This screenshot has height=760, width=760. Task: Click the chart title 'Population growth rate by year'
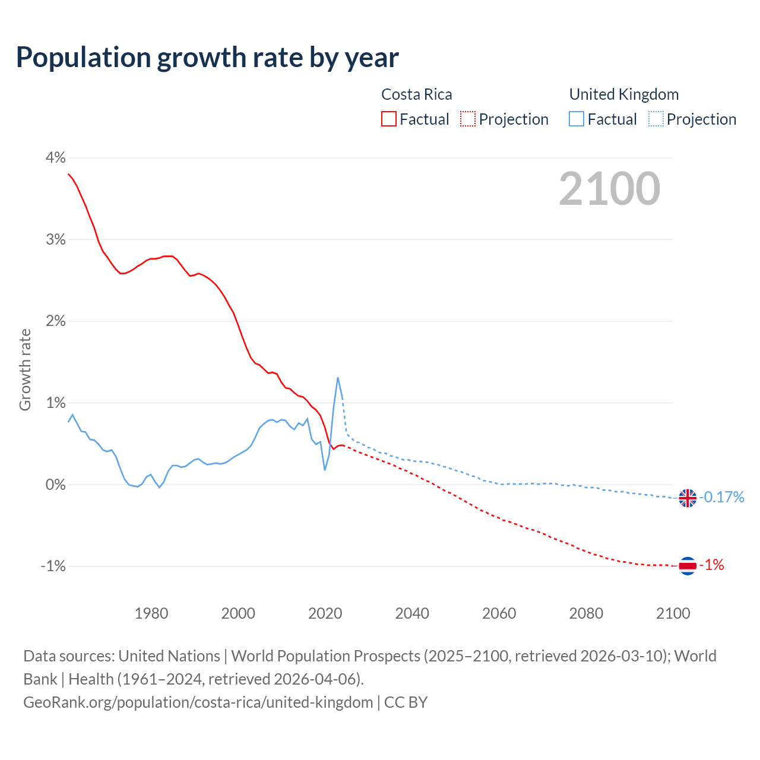tap(207, 58)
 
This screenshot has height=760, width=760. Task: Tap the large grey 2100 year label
tap(609, 188)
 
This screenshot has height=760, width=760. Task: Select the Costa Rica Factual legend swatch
tap(388, 119)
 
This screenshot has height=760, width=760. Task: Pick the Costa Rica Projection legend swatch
tap(468, 119)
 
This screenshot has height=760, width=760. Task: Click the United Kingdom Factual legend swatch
tap(576, 119)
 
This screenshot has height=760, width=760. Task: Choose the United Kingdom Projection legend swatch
tap(656, 119)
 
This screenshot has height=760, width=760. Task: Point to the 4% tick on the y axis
tap(55, 157)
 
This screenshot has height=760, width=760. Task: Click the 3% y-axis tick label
tap(55, 239)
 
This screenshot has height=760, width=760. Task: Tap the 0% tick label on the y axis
tap(55, 484)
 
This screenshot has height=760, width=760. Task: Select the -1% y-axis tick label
tap(53, 566)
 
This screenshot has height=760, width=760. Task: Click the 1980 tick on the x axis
tap(151, 613)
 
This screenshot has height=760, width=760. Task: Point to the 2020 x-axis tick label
tap(325, 613)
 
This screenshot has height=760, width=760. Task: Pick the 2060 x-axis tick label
tap(499, 613)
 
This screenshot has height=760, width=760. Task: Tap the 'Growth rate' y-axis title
tap(25, 369)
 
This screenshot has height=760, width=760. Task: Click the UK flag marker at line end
tap(687, 498)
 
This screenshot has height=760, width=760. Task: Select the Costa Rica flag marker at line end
tap(687, 566)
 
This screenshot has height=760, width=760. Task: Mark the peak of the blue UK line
tap(338, 378)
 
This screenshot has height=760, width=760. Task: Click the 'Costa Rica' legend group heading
tap(416, 94)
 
